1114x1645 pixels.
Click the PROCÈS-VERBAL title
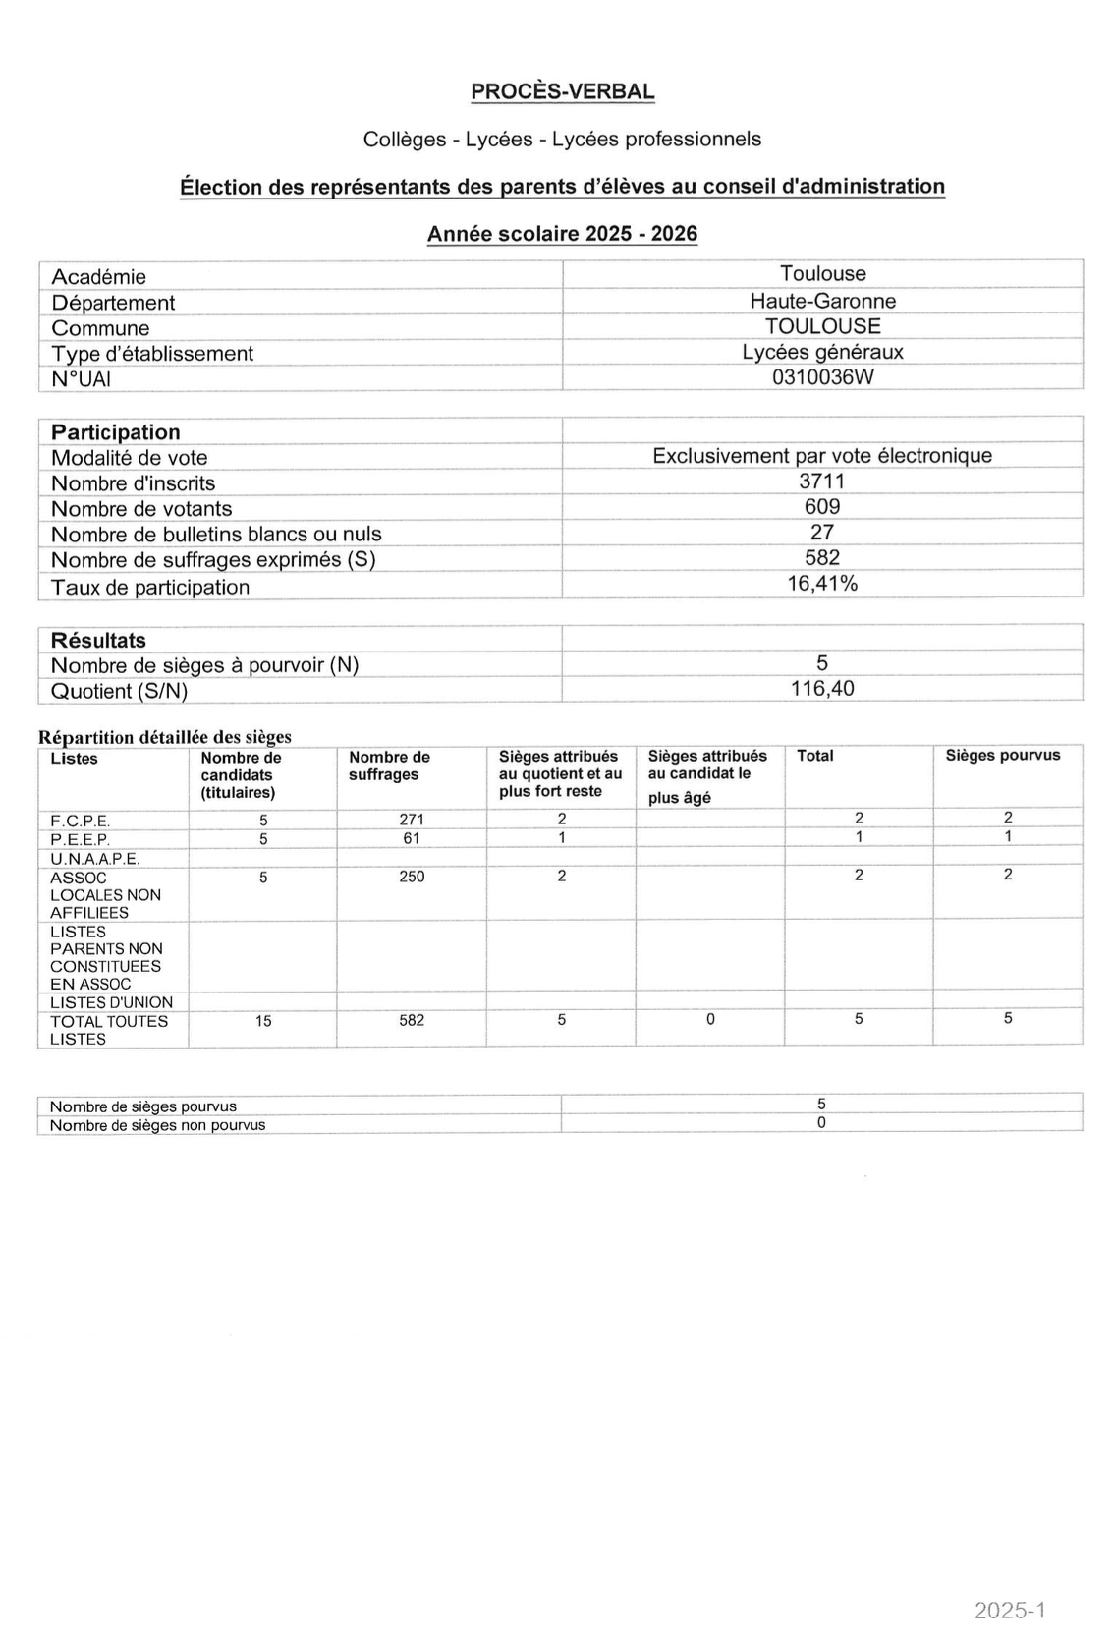[562, 91]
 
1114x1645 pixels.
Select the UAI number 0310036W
[822, 377]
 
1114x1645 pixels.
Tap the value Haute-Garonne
[822, 301]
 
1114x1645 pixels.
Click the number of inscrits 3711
[822, 481]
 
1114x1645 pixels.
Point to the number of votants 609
[822, 506]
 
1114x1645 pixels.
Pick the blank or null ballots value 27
[822, 532]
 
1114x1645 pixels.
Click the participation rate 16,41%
[822, 583]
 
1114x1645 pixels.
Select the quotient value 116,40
[822, 688]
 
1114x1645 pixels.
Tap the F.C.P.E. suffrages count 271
[412, 819]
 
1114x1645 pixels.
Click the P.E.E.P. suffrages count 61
[412, 838]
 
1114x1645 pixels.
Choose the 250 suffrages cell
[412, 876]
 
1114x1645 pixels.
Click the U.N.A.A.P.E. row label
[95, 858]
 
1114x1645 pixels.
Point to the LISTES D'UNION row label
[111, 1002]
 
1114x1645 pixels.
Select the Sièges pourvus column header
[1002, 756]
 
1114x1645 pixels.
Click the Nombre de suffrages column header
[389, 766]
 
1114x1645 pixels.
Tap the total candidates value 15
[263, 1021]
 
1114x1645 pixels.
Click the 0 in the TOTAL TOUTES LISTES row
[710, 1019]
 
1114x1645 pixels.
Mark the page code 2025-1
[1010, 1610]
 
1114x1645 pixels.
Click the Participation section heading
[116, 432]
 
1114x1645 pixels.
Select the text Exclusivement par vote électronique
[822, 455]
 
